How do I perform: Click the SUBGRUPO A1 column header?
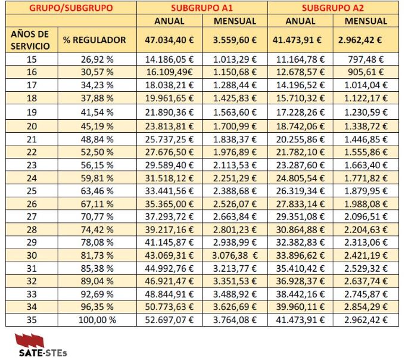pos(201,8)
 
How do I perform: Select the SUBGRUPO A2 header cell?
pos(332,8)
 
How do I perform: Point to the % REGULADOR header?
pos(95,40)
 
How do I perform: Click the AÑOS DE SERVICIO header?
pos(30,40)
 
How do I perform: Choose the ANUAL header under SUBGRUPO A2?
pos(300,21)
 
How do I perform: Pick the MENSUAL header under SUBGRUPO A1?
pos(234,21)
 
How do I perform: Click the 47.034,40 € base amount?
pos(169,40)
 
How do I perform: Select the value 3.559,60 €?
pos(234,40)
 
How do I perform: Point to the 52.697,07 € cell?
pos(169,320)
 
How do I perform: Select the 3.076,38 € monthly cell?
pos(234,255)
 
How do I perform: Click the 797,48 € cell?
pos(365,60)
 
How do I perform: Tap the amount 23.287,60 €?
pos(300,164)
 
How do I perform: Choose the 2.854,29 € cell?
pos(365,307)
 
